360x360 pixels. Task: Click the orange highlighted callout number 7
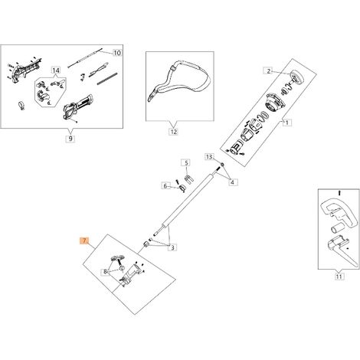[84, 241]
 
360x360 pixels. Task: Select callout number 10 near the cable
[117, 53]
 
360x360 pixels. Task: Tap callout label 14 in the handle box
[56, 70]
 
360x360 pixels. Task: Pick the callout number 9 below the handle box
[70, 139]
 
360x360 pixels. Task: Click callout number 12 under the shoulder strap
[174, 132]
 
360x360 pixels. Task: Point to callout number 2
[268, 71]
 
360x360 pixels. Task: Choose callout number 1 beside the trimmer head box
[287, 123]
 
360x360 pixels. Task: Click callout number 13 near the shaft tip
[209, 157]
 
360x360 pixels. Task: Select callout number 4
[232, 182]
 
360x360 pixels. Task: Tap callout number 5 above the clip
[186, 162]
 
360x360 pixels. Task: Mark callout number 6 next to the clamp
[165, 186]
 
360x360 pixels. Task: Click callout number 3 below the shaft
[173, 247]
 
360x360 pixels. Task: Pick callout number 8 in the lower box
[105, 272]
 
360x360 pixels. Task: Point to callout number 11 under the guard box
[339, 277]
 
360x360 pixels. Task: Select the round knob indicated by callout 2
[297, 77]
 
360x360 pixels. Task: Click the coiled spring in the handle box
[107, 78]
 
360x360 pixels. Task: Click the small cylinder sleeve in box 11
[337, 228]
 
